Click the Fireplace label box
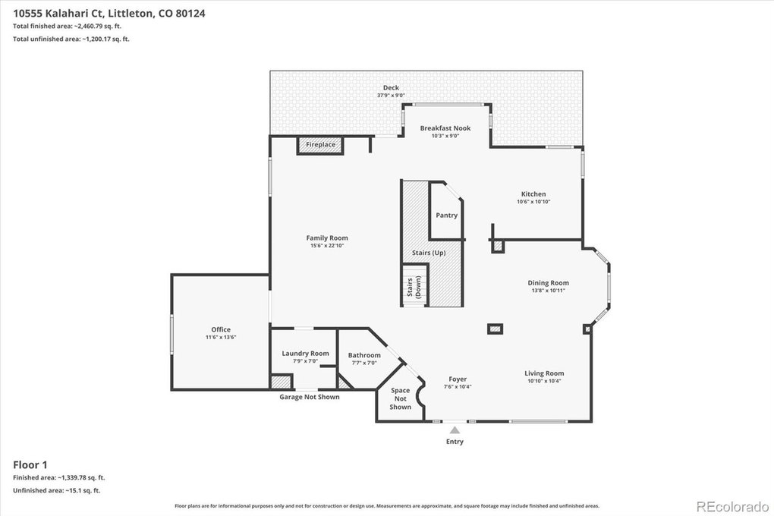(x=320, y=145)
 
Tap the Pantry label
(x=447, y=216)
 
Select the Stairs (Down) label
(x=414, y=287)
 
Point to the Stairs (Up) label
(x=429, y=253)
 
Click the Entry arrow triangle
(x=455, y=430)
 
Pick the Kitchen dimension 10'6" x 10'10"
(x=533, y=201)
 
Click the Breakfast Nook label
(x=445, y=128)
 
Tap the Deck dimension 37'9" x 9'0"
(x=391, y=96)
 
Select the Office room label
(x=221, y=329)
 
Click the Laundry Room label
(x=305, y=354)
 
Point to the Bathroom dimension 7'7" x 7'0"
(x=364, y=363)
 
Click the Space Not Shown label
(x=401, y=398)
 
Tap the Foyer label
(x=458, y=379)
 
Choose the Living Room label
(x=544, y=373)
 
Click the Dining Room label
(x=548, y=283)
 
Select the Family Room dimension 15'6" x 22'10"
(x=327, y=245)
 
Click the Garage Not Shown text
(x=310, y=397)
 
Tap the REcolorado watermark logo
(x=732, y=506)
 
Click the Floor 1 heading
(x=30, y=464)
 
